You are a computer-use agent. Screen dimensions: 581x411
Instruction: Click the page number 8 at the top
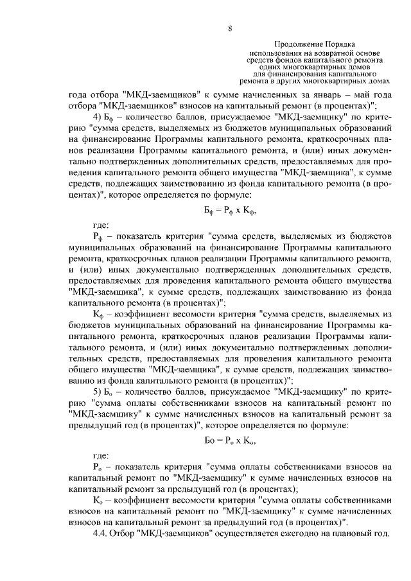(229, 27)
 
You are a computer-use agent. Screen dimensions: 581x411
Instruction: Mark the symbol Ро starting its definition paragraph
(98, 467)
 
